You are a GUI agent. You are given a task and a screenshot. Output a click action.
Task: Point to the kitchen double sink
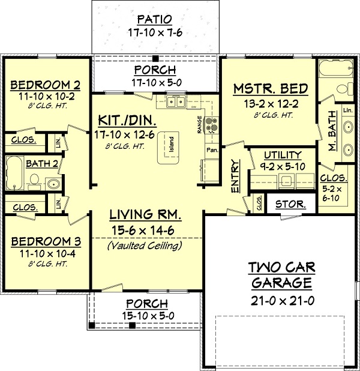[176, 103]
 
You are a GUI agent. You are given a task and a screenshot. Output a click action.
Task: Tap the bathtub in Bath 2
[14, 173]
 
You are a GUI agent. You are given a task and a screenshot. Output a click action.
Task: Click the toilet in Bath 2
[34, 180]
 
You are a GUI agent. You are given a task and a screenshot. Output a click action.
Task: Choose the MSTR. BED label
[270, 89]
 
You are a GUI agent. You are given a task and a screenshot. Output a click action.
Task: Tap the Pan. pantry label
[211, 148]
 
